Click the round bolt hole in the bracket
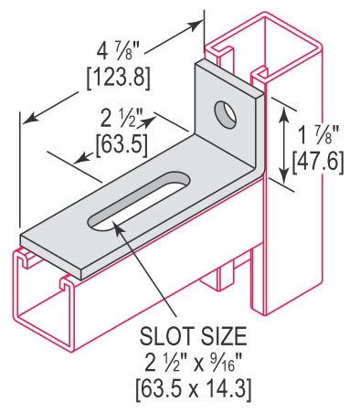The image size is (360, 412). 226,115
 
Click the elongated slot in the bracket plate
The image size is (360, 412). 139,202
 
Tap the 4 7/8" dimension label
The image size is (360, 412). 118,51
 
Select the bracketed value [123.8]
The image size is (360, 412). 119,79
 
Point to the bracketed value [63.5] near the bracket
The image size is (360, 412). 122,146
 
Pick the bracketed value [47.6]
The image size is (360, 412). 318,163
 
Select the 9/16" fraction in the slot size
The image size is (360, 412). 223,363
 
